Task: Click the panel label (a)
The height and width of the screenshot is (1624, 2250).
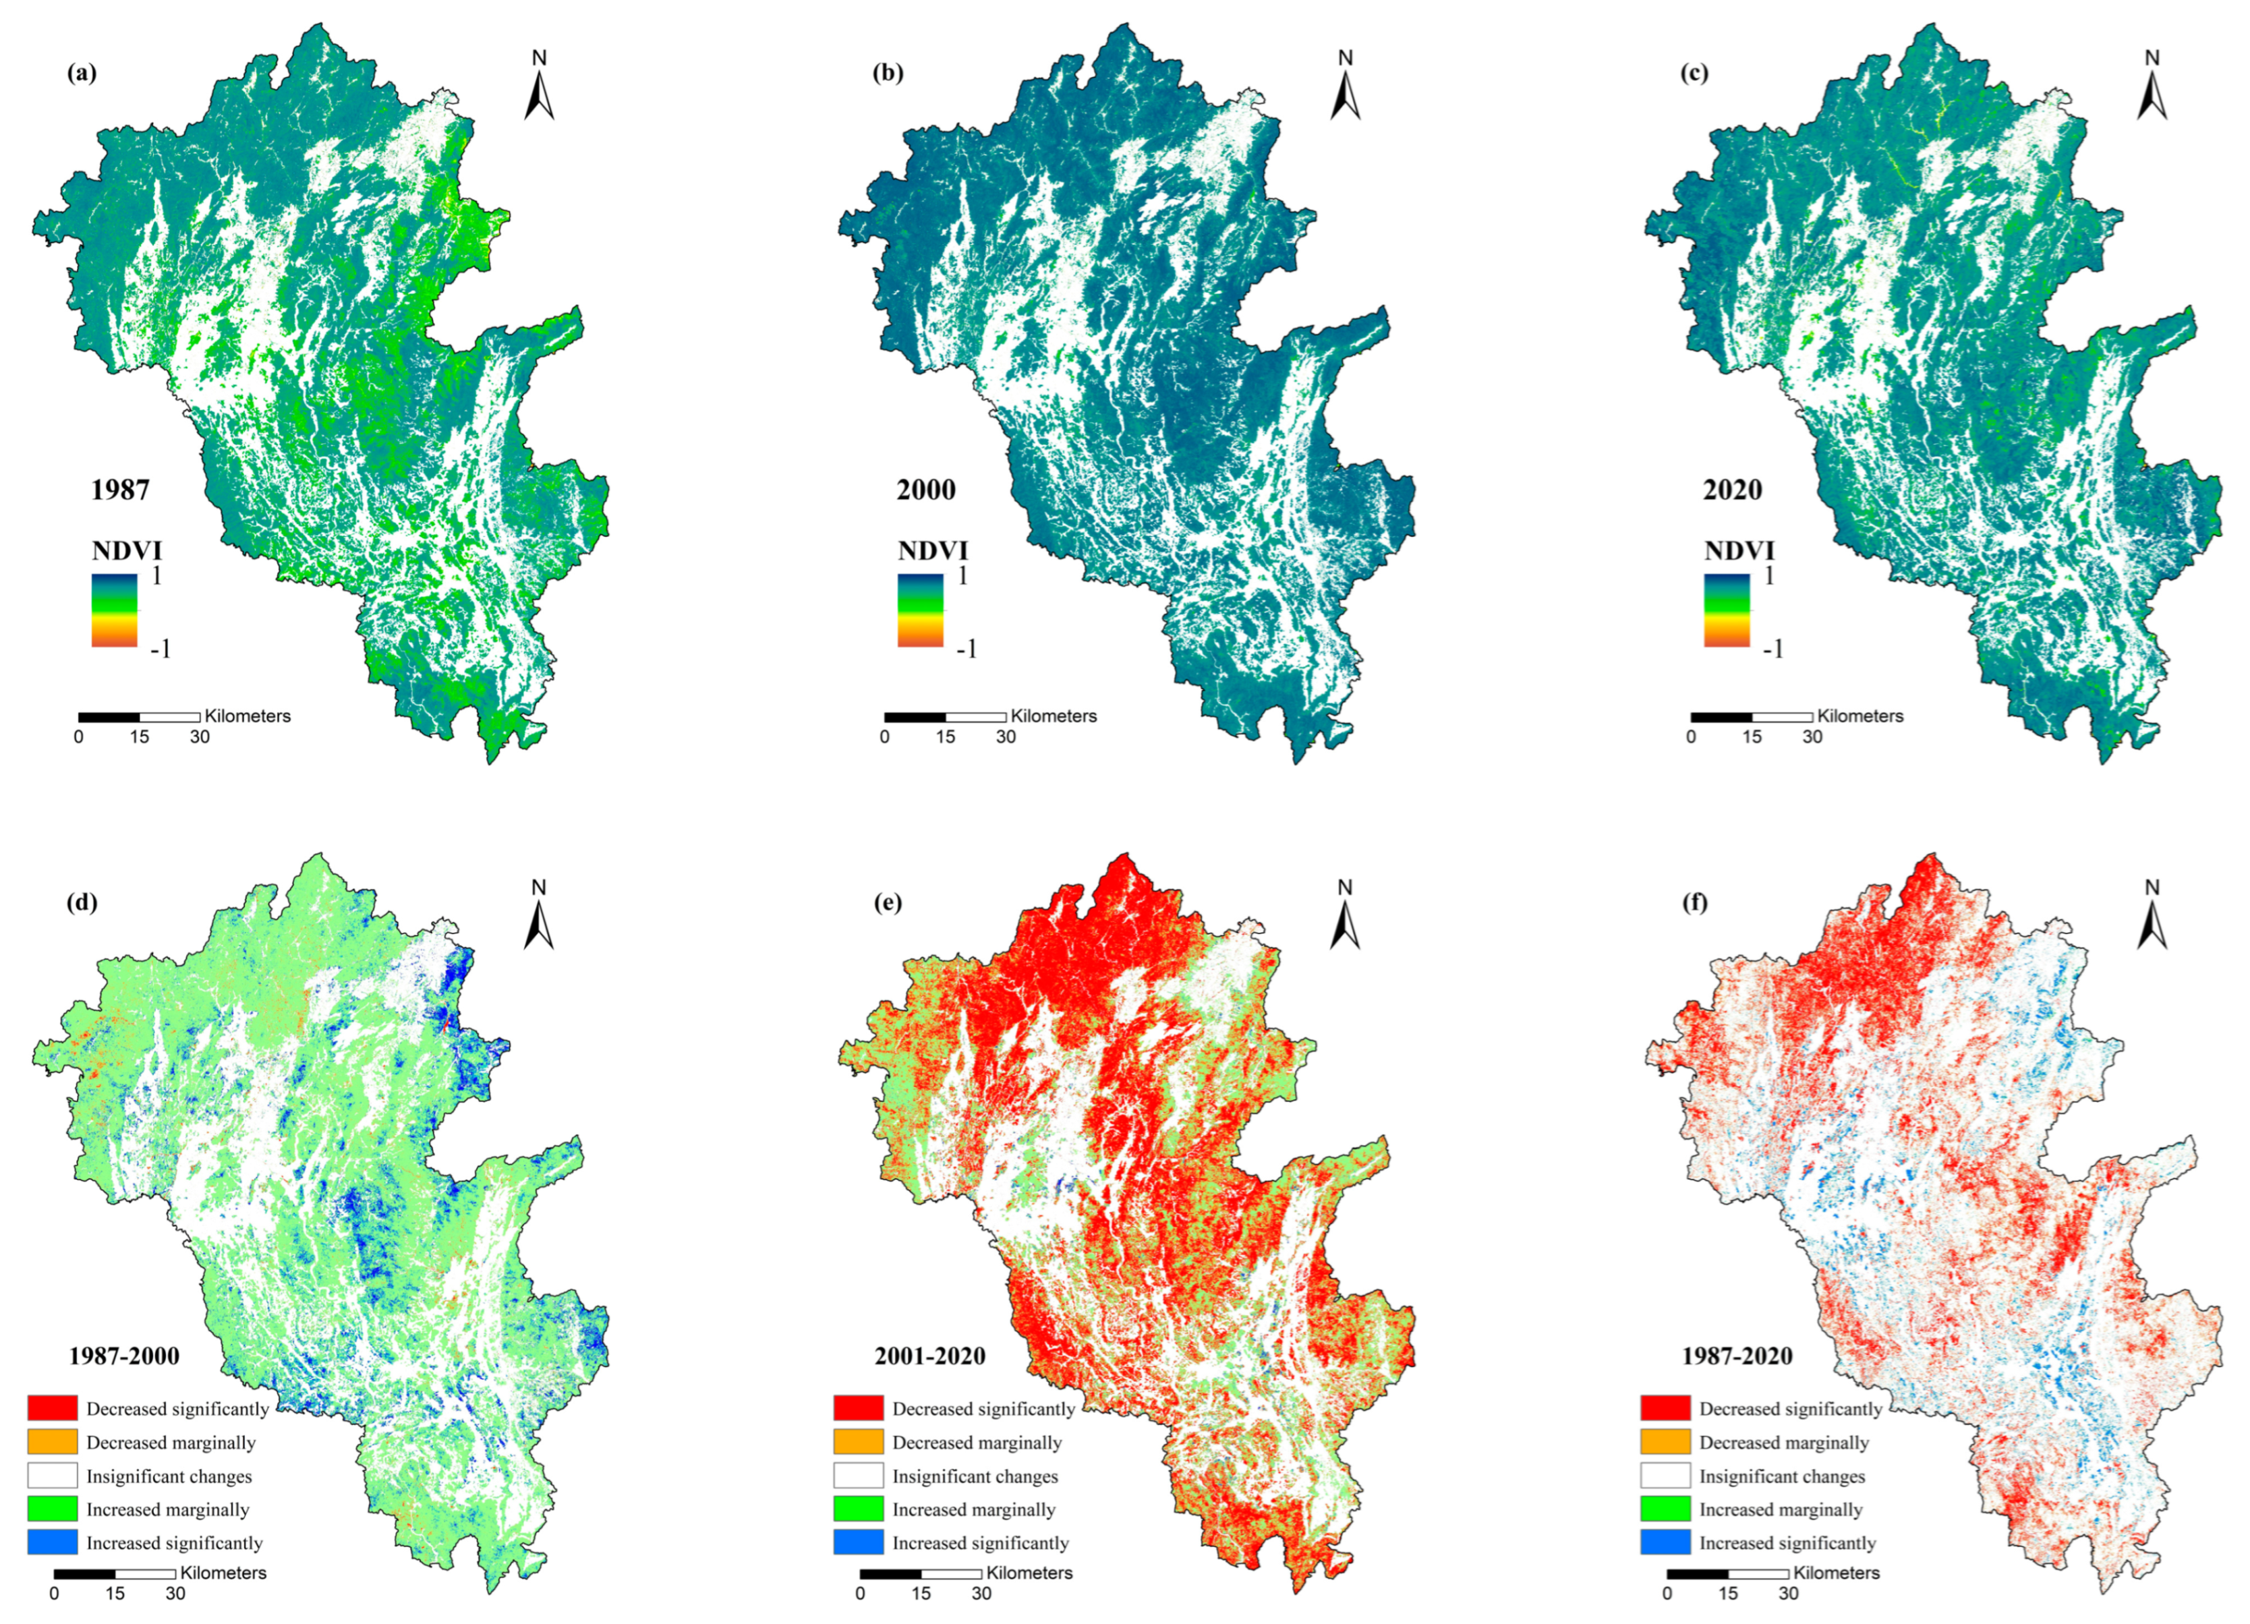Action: click(x=82, y=74)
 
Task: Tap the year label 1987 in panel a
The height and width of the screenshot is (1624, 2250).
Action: click(x=120, y=490)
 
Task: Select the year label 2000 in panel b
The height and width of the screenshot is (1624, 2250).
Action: click(x=925, y=490)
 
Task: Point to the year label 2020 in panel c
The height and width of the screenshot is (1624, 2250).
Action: click(x=1732, y=490)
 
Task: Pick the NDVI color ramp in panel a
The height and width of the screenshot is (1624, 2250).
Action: click(x=114, y=610)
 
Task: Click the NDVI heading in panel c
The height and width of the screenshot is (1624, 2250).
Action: click(x=1739, y=550)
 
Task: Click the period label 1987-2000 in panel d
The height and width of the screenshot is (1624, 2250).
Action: click(x=124, y=1356)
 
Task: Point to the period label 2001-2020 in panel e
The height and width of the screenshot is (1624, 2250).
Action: click(x=929, y=1356)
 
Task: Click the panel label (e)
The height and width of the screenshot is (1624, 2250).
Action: click(x=887, y=903)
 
